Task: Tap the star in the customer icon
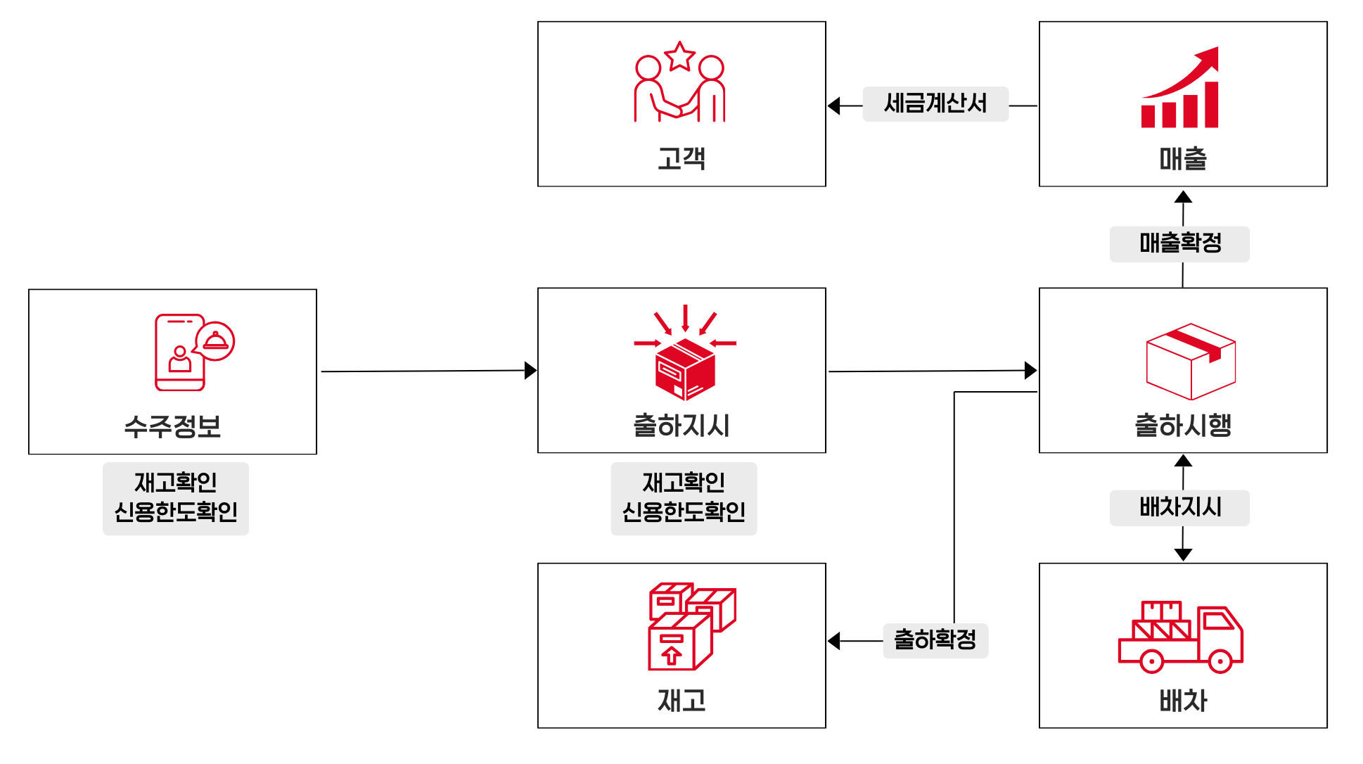[679, 57]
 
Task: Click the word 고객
[681, 158]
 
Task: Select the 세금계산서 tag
[935, 103]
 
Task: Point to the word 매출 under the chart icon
[1183, 159]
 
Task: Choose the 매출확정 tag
[1179, 243]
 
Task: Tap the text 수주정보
[172, 426]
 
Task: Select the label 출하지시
[681, 426]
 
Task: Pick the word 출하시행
[1183, 426]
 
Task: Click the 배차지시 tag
[1179, 507]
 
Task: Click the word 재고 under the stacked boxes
[681, 701]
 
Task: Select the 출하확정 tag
[935, 640]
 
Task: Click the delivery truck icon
[1180, 637]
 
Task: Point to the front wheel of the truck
[1220, 661]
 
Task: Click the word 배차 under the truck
[1183, 701]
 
